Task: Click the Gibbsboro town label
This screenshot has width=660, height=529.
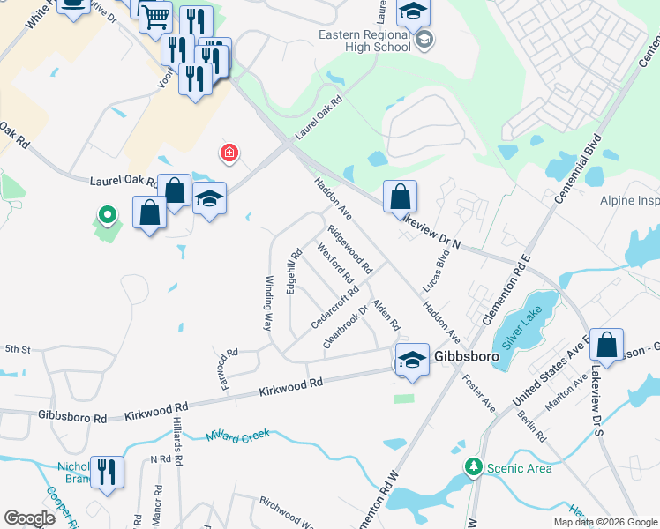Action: pyautogui.click(x=466, y=357)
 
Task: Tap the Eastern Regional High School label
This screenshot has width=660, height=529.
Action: pyautogui.click(x=365, y=41)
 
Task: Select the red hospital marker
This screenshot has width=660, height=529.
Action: pyautogui.click(x=230, y=154)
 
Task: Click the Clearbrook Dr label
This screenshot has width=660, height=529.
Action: pyautogui.click(x=344, y=327)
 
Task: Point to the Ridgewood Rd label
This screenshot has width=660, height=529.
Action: pyautogui.click(x=349, y=246)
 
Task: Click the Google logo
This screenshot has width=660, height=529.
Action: pyautogui.click(x=29, y=518)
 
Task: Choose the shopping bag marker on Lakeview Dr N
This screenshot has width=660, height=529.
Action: pyautogui.click(x=400, y=197)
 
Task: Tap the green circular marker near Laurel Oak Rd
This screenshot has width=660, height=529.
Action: pyautogui.click(x=107, y=214)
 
